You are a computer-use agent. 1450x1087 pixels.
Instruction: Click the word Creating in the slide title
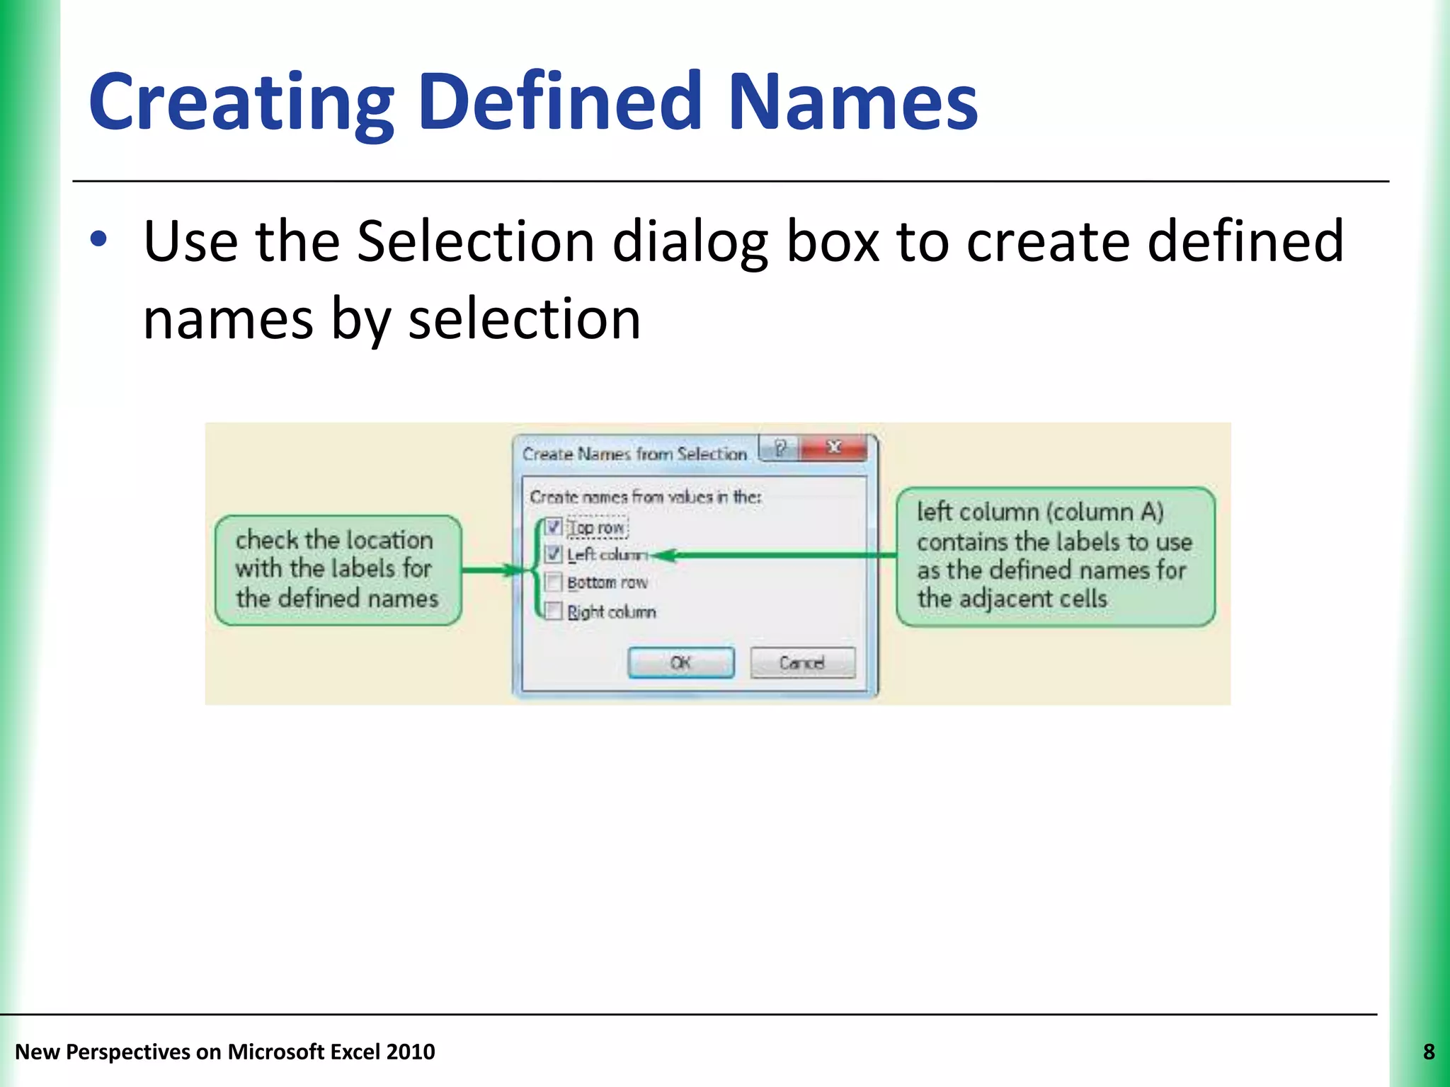(x=241, y=103)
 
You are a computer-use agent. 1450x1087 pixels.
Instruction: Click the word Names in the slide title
(x=852, y=103)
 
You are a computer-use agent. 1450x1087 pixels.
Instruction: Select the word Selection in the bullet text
(x=475, y=241)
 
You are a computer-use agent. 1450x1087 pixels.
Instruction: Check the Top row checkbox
(x=554, y=527)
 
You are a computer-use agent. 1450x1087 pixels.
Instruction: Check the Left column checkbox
(x=554, y=555)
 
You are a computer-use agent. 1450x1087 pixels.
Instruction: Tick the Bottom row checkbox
(x=554, y=582)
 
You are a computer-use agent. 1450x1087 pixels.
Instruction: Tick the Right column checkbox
(x=554, y=611)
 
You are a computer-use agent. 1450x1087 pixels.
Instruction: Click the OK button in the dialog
(x=681, y=663)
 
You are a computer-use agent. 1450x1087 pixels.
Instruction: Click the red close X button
(x=834, y=448)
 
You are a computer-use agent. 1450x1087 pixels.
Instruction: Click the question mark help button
(x=780, y=448)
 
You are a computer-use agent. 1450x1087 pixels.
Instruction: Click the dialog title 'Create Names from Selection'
(x=634, y=454)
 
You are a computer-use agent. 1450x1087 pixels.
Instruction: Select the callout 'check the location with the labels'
(x=338, y=570)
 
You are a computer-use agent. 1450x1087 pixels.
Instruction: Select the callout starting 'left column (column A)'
(x=1055, y=556)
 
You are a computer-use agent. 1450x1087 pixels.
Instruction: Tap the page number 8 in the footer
(x=1429, y=1052)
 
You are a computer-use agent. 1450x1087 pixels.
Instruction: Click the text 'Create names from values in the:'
(x=645, y=497)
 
